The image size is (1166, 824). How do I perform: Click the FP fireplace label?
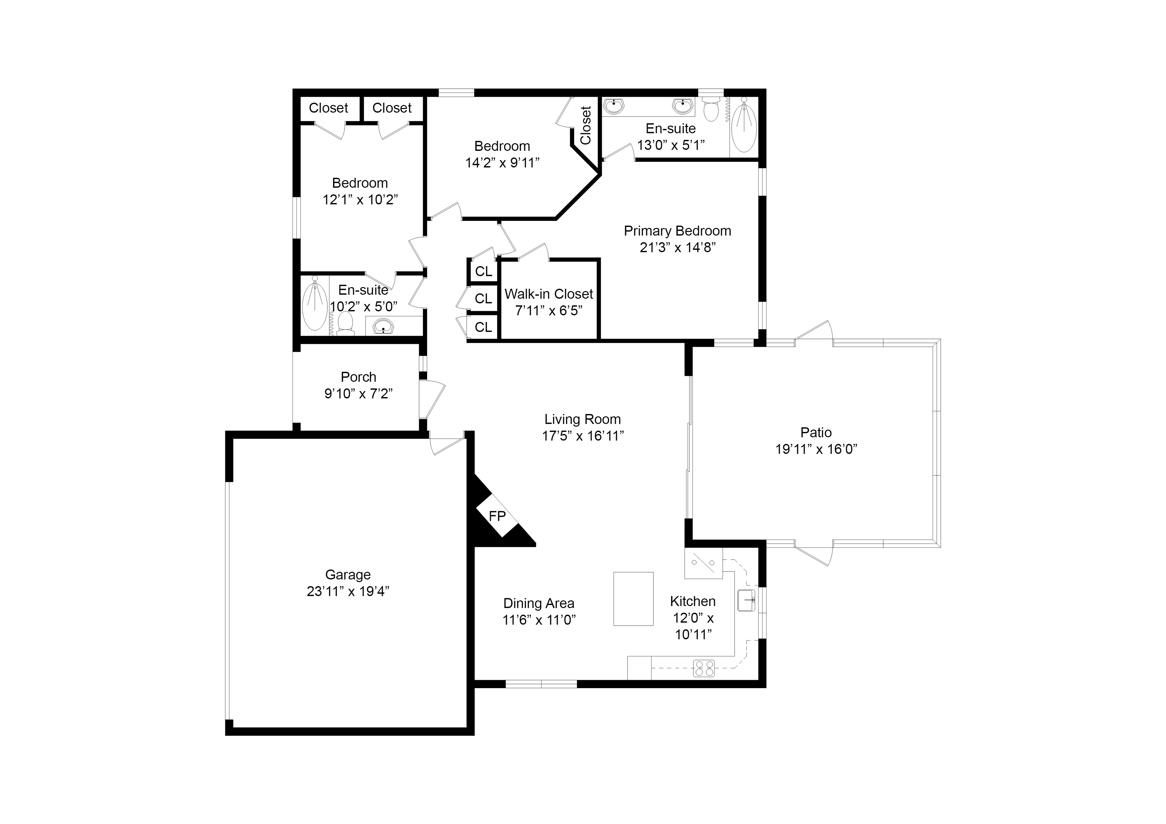[497, 516]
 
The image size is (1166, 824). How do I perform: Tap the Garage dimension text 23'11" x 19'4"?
[348, 591]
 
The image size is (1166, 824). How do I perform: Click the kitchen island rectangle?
[633, 599]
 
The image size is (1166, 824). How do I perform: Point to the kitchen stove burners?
[704, 668]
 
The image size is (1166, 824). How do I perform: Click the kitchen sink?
[746, 601]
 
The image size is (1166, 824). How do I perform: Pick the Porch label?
[359, 377]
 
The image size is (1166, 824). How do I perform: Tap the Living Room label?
[582, 419]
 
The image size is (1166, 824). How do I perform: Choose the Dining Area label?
[539, 604]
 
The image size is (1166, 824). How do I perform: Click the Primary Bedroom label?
[677, 231]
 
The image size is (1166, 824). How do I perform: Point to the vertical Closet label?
[586, 125]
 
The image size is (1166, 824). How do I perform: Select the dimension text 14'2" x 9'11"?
[502, 163]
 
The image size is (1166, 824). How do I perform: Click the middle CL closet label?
[484, 298]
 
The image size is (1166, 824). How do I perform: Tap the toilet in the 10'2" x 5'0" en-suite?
[345, 323]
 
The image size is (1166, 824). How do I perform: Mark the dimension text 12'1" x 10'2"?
[360, 200]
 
